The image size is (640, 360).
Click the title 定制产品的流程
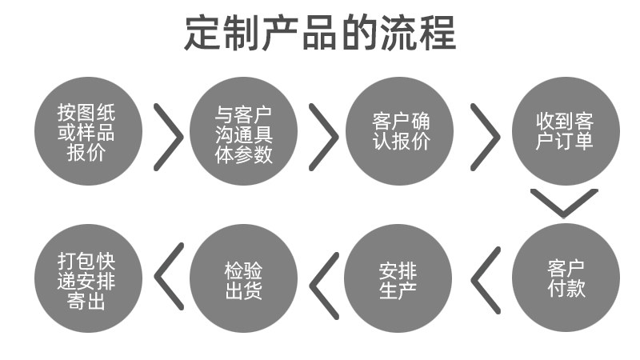(320, 33)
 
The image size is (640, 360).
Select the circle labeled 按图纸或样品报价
(88, 131)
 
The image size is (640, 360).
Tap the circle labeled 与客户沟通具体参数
(244, 131)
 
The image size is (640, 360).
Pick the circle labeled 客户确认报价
(399, 131)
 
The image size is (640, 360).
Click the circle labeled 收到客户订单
(566, 131)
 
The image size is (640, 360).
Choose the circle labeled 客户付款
(566, 278)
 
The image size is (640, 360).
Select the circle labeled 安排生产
(398, 278)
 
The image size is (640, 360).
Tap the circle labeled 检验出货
(244, 278)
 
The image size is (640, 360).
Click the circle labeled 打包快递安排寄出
(88, 278)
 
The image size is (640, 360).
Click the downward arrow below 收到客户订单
(564, 215)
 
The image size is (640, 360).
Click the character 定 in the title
(203, 33)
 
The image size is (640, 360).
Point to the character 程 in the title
(437, 33)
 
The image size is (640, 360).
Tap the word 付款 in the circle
(566, 288)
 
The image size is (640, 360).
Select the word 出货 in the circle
(244, 290)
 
